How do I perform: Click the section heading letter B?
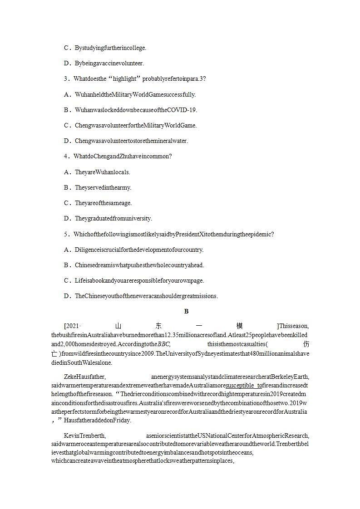coord(186,311)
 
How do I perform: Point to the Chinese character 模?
coord(240,326)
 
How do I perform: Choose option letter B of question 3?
coord(66,110)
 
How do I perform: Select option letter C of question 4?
coord(66,203)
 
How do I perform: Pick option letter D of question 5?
coord(66,296)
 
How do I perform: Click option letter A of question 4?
coord(66,172)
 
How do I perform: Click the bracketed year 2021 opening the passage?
coord(73,326)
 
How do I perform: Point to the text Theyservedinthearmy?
coord(103,188)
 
